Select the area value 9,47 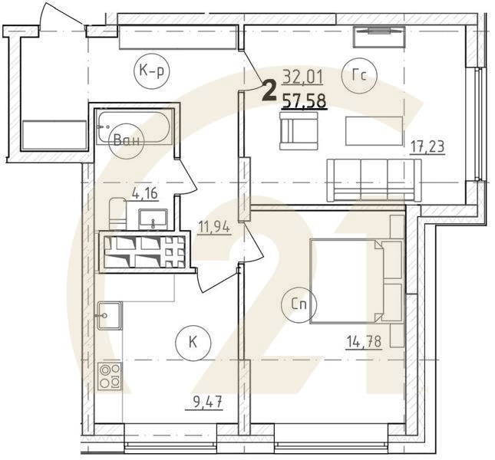[199, 399]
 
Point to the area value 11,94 [215, 226]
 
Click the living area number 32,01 [302, 76]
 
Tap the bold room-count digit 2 [269, 91]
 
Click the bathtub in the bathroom [134, 129]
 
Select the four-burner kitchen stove [110, 376]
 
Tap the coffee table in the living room [373, 130]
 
